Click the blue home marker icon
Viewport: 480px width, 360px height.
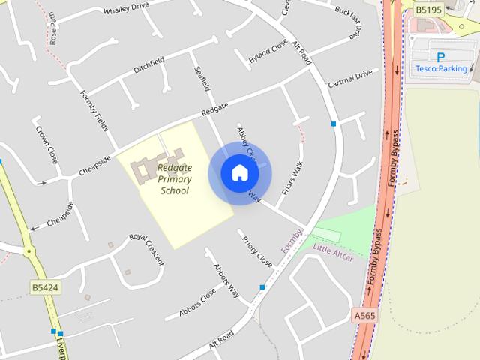coord(240,173)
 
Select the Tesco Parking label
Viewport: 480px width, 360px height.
coord(441,69)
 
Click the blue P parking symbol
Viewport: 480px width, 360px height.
coord(440,57)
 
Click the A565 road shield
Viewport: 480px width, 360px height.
coord(364,316)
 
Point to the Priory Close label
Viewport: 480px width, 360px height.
coord(256,251)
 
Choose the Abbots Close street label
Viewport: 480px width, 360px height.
coord(197,302)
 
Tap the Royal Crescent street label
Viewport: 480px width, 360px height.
coord(146,248)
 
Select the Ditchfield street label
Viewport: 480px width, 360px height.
coord(149,65)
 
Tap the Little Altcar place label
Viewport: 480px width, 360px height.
coord(332,253)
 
